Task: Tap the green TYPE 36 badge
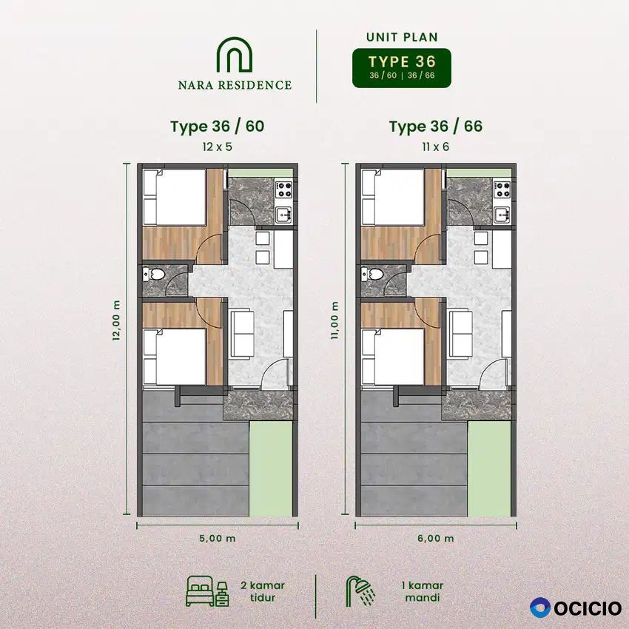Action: (402, 68)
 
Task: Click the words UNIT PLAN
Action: (402, 37)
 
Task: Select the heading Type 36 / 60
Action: (218, 126)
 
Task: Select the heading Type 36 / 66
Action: (436, 126)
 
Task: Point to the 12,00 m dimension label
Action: (116, 321)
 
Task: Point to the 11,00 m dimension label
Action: (334, 321)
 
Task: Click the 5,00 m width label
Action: (218, 538)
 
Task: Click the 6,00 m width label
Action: (436, 538)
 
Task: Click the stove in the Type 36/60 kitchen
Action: (284, 189)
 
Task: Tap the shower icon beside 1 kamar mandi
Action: (360, 591)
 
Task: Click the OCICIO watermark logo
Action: (576, 608)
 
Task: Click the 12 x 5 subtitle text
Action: (218, 147)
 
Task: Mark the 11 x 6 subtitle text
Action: (436, 147)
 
